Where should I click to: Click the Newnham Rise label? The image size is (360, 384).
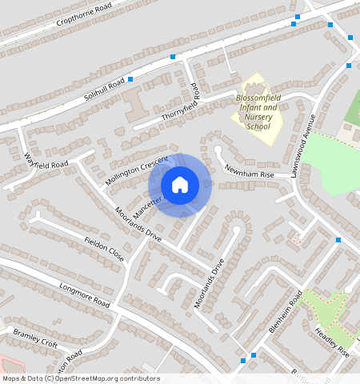(x=249, y=170)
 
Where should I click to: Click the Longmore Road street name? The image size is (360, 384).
(x=84, y=294)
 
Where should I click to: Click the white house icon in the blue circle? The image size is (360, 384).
(x=180, y=185)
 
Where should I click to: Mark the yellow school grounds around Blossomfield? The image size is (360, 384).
(x=264, y=132)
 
